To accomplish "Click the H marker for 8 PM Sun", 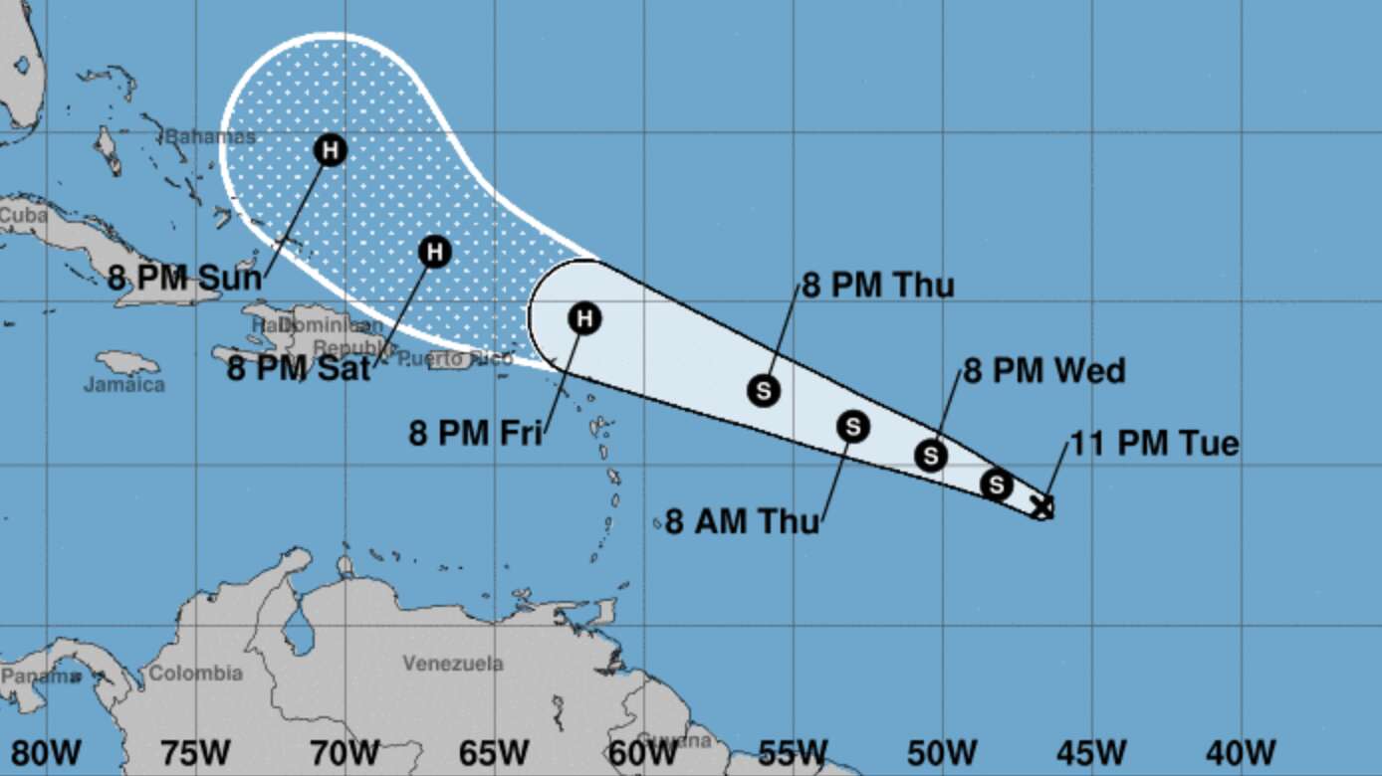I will click(331, 151).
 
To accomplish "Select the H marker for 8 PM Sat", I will click(434, 252).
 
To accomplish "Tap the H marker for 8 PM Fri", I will click(585, 318).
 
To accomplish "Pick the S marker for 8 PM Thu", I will click(764, 390).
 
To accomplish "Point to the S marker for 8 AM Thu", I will click(853, 427).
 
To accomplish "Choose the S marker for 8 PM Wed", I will click(931, 455).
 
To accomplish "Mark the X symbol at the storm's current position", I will click(1041, 506).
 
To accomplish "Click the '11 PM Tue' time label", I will click(1155, 443).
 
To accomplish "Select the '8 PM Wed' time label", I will click(1044, 371).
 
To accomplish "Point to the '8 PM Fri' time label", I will click(475, 433).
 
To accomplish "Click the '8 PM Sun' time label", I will click(185, 277).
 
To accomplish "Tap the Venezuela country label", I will click(453, 664).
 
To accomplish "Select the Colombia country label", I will click(195, 674).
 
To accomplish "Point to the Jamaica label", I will click(123, 384).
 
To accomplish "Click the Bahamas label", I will click(210, 136).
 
